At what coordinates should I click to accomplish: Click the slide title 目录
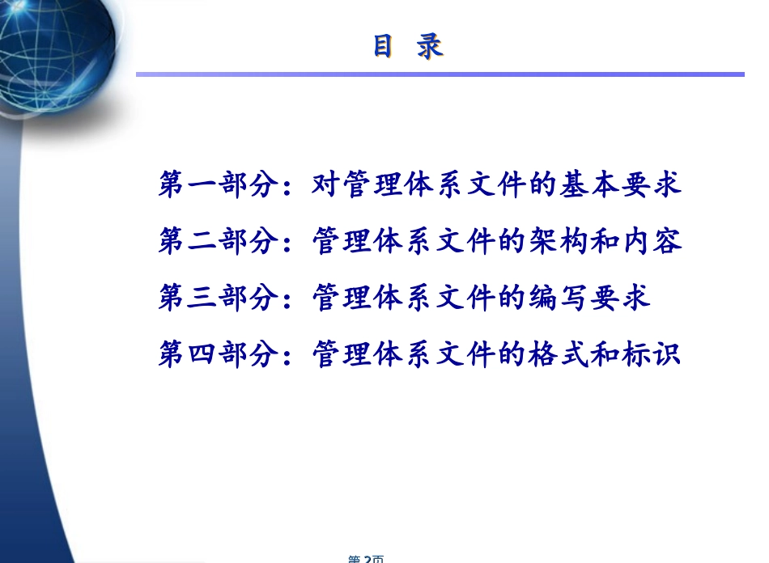pyautogui.click(x=408, y=46)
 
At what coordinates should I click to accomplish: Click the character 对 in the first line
pyautogui.click(x=325, y=184)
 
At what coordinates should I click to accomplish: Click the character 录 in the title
pyautogui.click(x=430, y=46)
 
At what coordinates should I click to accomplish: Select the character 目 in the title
pyautogui.click(x=384, y=46)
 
